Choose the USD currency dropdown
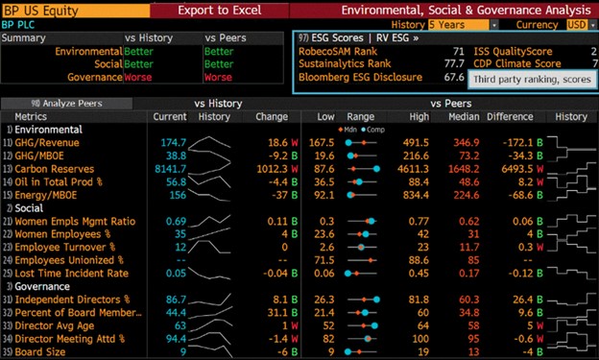click(x=578, y=23)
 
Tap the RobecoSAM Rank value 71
click(x=457, y=49)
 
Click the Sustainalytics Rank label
click(x=340, y=62)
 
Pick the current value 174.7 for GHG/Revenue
click(x=172, y=141)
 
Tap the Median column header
click(x=493, y=116)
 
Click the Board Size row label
click(x=38, y=351)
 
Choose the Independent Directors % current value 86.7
click(x=173, y=299)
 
